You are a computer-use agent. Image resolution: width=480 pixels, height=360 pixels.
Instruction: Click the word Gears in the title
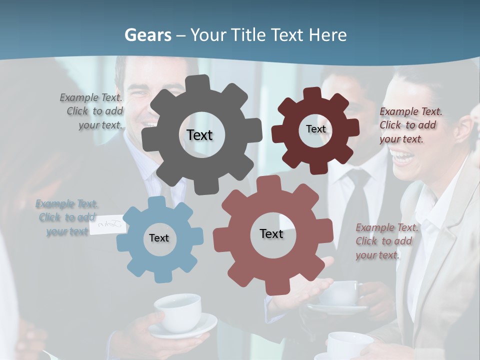(x=147, y=35)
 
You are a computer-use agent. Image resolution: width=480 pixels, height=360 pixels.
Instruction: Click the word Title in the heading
(x=249, y=35)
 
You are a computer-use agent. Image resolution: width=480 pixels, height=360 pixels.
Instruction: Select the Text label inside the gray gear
(x=199, y=135)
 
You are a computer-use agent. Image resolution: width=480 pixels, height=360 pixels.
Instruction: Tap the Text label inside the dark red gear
(x=315, y=129)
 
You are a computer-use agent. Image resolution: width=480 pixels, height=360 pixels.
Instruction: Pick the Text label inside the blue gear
(x=159, y=238)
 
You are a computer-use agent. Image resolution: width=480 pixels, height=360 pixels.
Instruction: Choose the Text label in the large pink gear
(x=271, y=233)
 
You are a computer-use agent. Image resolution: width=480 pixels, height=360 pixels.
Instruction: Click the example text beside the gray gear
(x=92, y=111)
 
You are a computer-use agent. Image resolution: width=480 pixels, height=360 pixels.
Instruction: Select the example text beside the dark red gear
(x=410, y=125)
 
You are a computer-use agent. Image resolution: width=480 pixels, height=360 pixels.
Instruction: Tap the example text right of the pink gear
(x=386, y=241)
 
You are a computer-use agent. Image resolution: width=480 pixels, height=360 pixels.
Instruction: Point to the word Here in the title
(x=328, y=35)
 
